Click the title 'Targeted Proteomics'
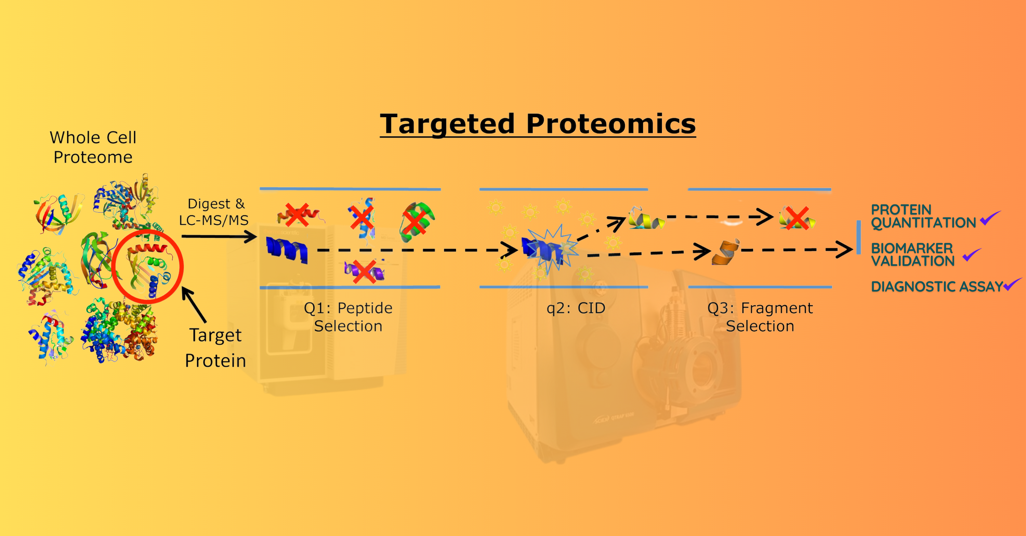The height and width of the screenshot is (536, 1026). pyautogui.click(x=538, y=124)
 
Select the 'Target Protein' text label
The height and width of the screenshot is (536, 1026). pyautogui.click(x=215, y=348)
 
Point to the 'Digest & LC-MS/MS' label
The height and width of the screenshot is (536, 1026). pyautogui.click(x=214, y=212)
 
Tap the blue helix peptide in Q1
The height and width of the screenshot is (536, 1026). pyautogui.click(x=287, y=249)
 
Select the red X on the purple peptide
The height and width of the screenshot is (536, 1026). pyautogui.click(x=364, y=272)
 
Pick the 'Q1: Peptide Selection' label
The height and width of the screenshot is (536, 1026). pyautogui.click(x=348, y=317)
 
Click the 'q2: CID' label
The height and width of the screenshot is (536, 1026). pyautogui.click(x=576, y=308)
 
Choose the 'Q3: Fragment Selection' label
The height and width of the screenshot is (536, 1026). pyautogui.click(x=760, y=317)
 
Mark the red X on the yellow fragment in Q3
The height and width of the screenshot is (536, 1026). pyautogui.click(x=797, y=218)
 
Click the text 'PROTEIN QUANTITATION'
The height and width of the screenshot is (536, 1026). pyautogui.click(x=923, y=216)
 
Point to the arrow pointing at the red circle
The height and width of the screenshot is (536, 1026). pyautogui.click(x=194, y=305)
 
